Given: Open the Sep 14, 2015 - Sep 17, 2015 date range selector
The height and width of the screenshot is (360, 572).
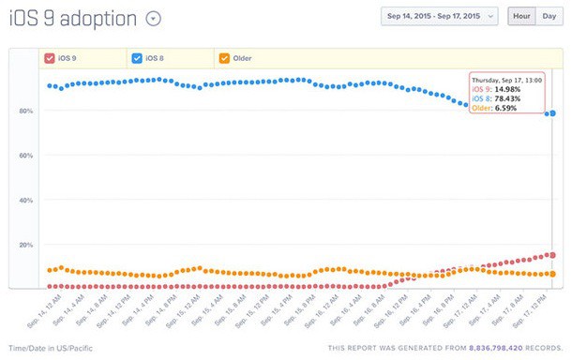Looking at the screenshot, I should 439,17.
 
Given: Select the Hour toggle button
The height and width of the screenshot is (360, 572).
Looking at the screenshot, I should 521,17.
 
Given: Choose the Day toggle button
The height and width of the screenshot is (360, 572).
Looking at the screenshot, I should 549,17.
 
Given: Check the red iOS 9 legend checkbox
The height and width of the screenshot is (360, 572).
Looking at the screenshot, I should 50,58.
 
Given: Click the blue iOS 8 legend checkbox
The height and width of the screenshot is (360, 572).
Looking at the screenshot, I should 136,58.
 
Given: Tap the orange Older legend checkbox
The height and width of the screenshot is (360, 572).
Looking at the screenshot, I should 223,58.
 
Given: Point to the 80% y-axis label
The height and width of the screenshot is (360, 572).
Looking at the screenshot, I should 25,111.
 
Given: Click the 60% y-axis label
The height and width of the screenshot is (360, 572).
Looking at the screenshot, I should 25,156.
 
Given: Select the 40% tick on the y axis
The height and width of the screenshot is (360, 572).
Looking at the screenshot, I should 25,201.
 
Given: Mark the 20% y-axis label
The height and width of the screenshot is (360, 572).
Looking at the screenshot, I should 25,245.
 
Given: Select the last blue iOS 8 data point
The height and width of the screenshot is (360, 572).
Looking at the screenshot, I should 552,113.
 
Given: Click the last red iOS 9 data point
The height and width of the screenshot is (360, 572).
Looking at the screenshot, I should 552,255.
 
